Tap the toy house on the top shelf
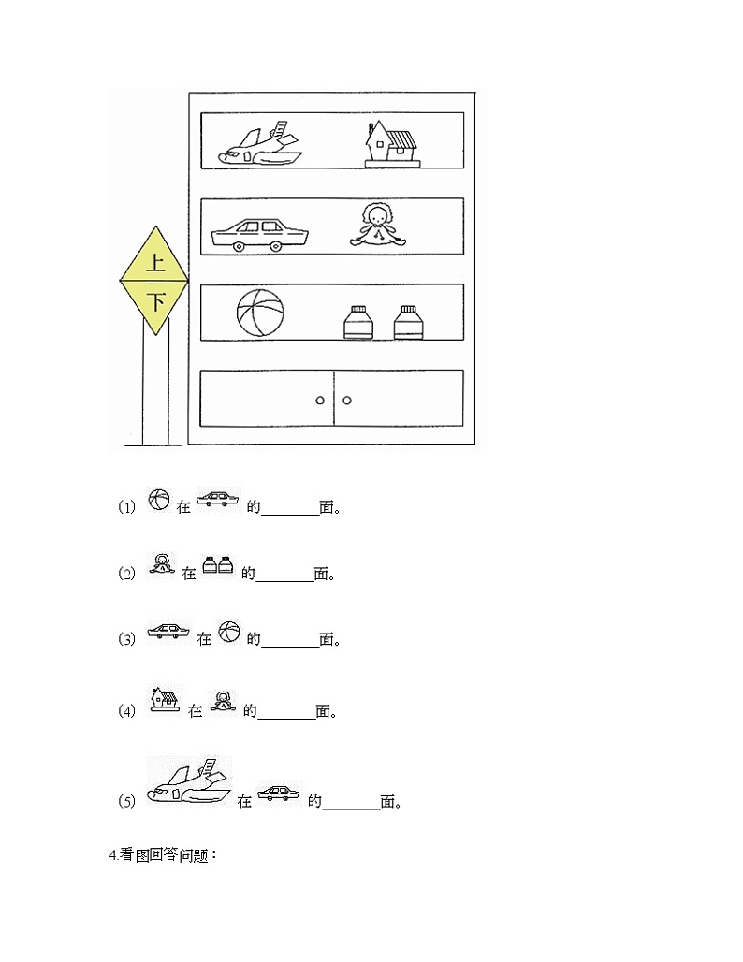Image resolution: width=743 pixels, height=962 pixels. pyautogui.click(x=391, y=145)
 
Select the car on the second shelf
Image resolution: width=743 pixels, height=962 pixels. pyautogui.click(x=259, y=235)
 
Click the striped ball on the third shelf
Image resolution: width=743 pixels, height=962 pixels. pyautogui.click(x=260, y=313)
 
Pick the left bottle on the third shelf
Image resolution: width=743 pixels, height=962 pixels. pyautogui.click(x=358, y=322)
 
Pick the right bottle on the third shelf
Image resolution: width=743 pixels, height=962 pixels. pyautogui.click(x=408, y=322)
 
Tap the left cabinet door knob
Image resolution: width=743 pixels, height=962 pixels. pyautogui.click(x=320, y=400)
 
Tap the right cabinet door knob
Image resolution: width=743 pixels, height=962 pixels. pyautogui.click(x=346, y=400)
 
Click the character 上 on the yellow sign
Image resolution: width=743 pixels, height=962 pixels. pyautogui.click(x=154, y=263)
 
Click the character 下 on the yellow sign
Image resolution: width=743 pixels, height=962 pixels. pyautogui.click(x=157, y=302)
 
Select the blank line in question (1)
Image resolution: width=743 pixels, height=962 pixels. pyautogui.click(x=290, y=515)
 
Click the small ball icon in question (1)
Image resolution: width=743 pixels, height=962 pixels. pyautogui.click(x=159, y=500)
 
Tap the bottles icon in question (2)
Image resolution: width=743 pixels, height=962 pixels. pyautogui.click(x=218, y=564)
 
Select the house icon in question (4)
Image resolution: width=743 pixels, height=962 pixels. pyautogui.click(x=165, y=699)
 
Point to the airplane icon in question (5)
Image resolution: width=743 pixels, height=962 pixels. pyautogui.click(x=190, y=781)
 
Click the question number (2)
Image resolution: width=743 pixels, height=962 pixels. pyautogui.click(x=126, y=574)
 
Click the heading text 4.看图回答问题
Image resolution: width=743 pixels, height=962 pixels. pyautogui.click(x=163, y=855)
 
